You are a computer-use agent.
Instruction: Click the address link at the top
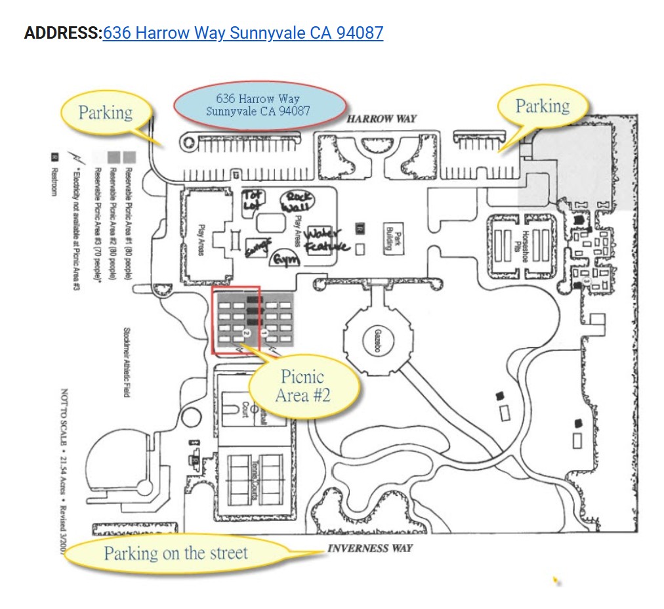[243, 33]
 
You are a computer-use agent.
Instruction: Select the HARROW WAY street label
[381, 119]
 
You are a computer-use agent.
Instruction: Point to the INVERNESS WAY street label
[370, 548]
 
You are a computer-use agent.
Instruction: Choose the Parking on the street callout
[176, 553]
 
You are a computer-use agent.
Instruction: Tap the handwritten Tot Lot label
[253, 199]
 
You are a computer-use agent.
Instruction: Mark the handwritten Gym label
[285, 259]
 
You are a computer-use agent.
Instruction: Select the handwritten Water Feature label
[326, 240]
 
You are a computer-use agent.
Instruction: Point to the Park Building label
[393, 236]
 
